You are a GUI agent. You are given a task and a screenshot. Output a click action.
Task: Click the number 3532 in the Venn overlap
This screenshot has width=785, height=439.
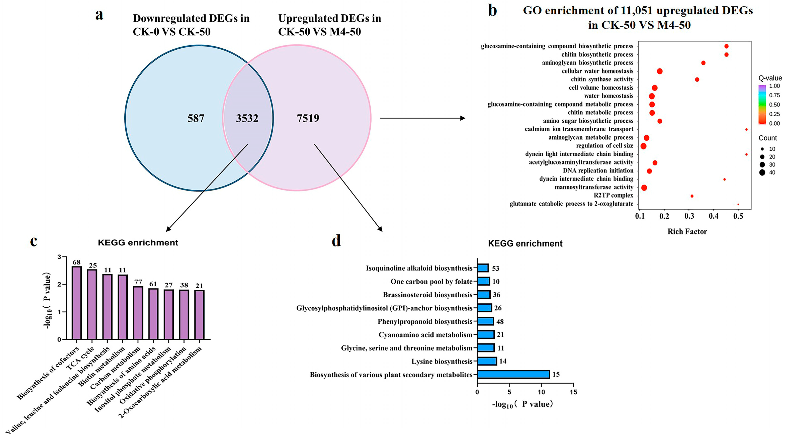pos(247,118)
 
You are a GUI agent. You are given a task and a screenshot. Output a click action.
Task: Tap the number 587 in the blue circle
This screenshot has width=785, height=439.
pos(196,118)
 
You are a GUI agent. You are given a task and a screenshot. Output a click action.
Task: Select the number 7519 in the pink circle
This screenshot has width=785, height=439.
pos(308,118)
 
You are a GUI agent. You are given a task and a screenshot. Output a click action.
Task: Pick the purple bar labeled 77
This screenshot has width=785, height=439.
pos(138,313)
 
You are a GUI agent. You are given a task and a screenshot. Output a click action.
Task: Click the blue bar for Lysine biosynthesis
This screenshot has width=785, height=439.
pos(487,361)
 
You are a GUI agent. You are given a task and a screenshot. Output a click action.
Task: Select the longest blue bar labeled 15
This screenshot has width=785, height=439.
pos(513,374)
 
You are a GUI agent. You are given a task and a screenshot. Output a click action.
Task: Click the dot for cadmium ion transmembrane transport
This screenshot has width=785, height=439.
pos(746,129)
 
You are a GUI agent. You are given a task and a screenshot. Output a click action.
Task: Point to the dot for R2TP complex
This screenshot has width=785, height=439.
pos(692,196)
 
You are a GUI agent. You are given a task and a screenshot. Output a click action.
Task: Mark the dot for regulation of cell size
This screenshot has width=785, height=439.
pos(643,146)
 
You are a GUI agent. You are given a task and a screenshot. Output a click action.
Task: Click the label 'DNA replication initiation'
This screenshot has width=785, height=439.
pos(598,170)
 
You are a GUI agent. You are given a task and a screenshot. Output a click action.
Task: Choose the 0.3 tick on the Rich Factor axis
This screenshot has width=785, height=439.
pos(689,216)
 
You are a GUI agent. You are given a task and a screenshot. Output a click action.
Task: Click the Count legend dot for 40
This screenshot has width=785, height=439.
pos(762,173)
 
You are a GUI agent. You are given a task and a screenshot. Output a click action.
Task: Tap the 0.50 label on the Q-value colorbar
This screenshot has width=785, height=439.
pos(774,105)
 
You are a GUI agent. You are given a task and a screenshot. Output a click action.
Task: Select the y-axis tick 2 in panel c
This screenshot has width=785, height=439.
pos(59,285)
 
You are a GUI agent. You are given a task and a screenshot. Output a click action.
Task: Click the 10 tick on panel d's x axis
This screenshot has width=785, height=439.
pos(541,392)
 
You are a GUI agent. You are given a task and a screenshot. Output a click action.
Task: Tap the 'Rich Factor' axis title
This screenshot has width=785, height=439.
pos(687,231)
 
